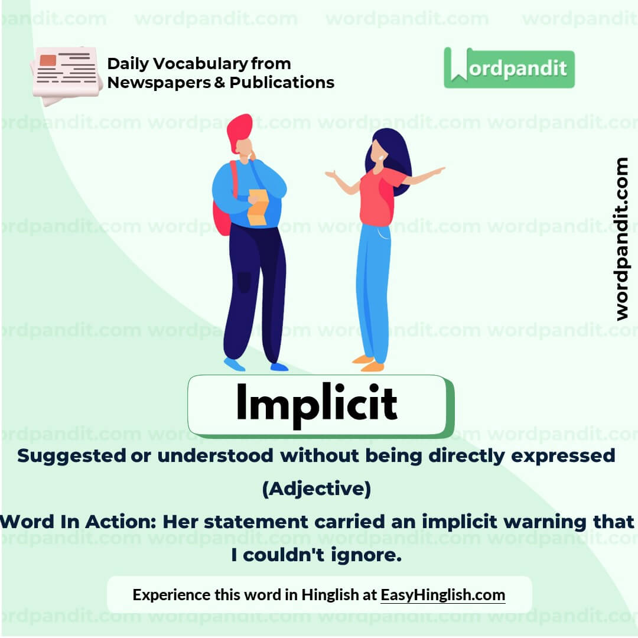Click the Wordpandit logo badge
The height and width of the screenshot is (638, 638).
coord(509,68)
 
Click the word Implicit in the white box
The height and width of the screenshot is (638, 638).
coord(317,404)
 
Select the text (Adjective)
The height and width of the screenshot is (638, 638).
coord(317,489)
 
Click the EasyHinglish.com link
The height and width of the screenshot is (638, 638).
coord(442,594)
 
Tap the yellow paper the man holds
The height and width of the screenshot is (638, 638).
coord(258,207)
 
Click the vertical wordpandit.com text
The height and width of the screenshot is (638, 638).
coord(621,239)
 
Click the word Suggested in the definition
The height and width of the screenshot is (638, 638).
coord(71,455)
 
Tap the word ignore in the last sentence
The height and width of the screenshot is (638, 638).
coord(367,556)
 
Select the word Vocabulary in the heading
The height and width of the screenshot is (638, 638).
coord(197,64)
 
